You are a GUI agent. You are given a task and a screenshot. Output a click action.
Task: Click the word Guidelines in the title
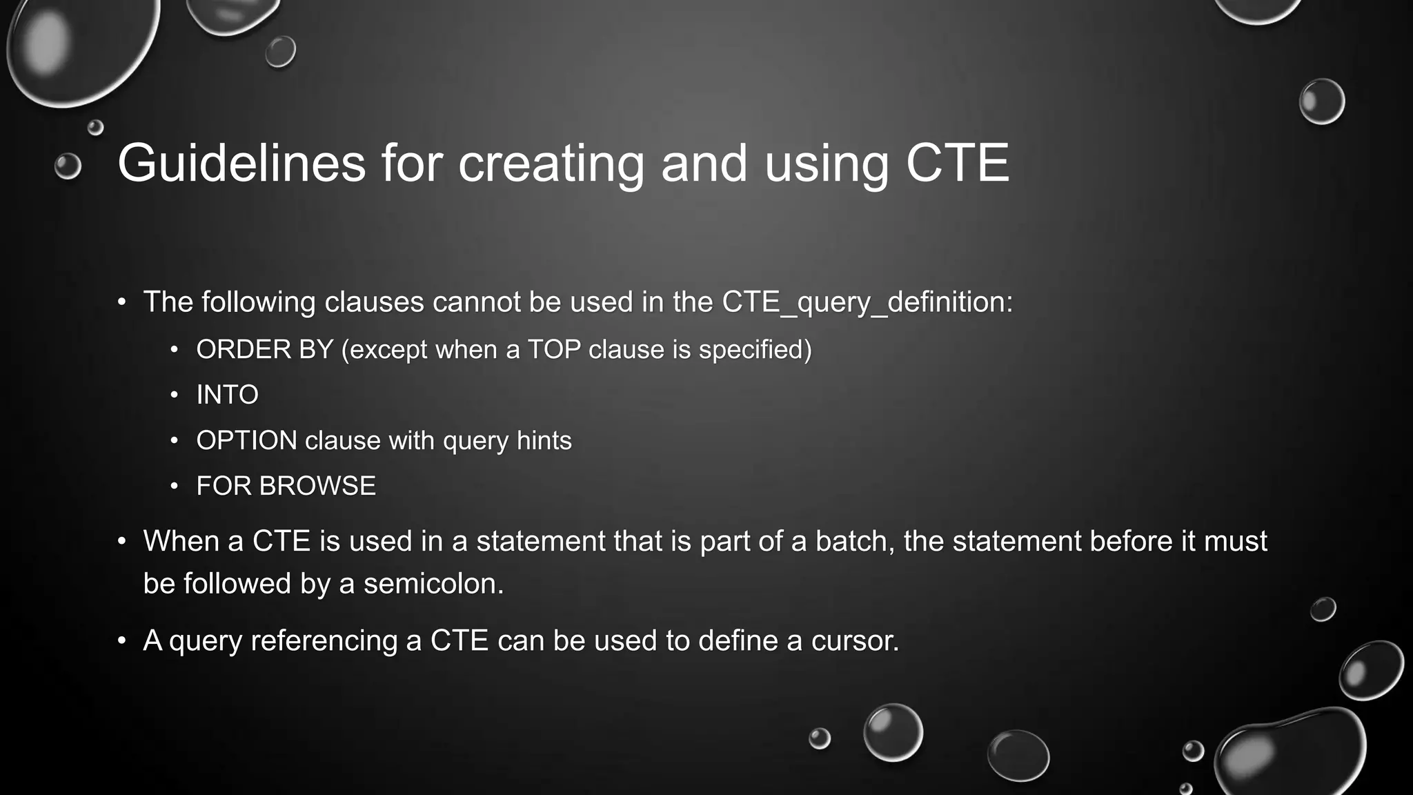coord(241,164)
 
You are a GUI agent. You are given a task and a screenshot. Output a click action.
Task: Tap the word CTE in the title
coord(957,164)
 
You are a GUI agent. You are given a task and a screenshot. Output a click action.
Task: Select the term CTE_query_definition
coord(867,302)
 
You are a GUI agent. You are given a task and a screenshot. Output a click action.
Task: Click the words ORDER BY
coord(265,350)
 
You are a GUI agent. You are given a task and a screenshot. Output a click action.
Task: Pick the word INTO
coord(227,395)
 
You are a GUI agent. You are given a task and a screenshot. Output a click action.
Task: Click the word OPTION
coord(246,440)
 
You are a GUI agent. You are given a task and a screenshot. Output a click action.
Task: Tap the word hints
coord(544,440)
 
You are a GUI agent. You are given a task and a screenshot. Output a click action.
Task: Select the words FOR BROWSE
coord(286,486)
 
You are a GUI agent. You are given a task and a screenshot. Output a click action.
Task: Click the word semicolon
coord(433,584)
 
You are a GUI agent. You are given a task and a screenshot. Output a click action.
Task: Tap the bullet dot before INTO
coord(175,395)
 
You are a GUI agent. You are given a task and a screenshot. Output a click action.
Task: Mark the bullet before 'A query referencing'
coord(122,641)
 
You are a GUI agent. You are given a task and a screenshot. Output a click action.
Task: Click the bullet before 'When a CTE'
coord(122,541)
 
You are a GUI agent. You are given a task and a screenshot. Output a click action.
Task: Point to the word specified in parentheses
coord(755,350)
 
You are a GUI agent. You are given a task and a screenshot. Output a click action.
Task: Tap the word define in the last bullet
coord(739,640)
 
